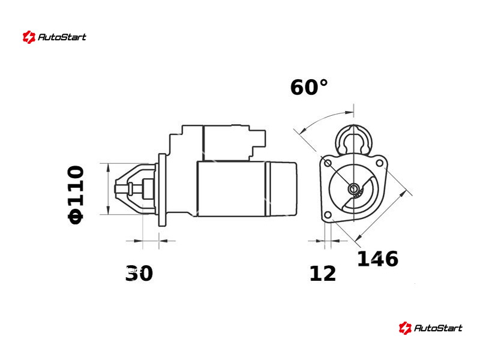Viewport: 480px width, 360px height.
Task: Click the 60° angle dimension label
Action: coord(309,87)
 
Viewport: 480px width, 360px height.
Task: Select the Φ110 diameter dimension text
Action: coord(76,195)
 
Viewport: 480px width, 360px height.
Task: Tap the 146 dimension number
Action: coord(378,259)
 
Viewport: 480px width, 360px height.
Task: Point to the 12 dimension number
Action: coord(323,274)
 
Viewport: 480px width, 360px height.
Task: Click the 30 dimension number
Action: coord(139,273)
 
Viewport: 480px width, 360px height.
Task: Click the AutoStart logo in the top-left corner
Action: coord(55,37)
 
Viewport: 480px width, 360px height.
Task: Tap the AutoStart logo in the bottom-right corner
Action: coord(431,328)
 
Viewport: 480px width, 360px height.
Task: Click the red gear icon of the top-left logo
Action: coord(29,37)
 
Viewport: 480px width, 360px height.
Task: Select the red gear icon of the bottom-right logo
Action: coord(406,328)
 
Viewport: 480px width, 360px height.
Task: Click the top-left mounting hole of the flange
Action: coord(328,163)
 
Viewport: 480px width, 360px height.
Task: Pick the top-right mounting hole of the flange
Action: coord(379,163)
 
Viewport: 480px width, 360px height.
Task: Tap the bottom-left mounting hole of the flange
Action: coord(328,215)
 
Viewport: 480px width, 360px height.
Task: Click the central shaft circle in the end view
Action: coord(353,189)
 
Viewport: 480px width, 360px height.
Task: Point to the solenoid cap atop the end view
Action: coord(353,140)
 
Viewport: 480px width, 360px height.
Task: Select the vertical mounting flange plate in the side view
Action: coord(162,190)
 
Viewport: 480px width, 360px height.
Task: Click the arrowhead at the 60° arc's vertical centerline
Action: coord(349,113)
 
